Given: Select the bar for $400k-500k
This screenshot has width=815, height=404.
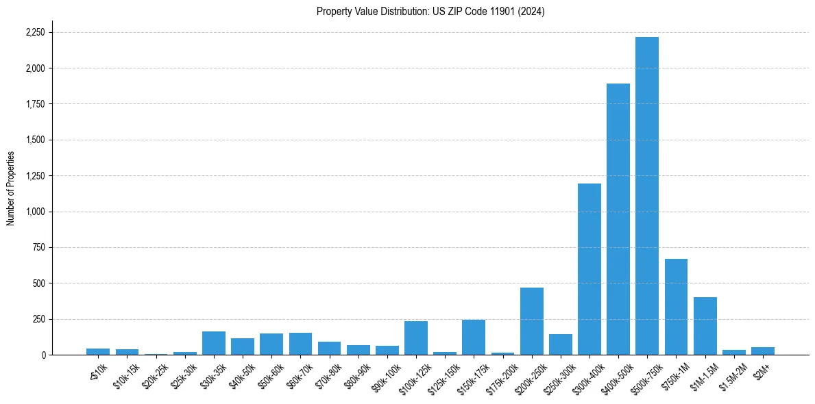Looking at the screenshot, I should click(618, 219).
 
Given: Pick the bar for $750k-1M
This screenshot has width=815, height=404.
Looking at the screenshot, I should click(676, 307).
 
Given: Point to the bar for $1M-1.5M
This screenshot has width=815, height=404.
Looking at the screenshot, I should click(705, 326).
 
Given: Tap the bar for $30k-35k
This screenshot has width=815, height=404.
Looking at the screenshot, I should click(213, 343).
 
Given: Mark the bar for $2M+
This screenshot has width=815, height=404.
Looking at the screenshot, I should click(762, 351).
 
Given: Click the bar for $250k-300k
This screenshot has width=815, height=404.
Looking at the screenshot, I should click(560, 344).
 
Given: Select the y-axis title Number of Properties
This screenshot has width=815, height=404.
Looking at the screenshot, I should click(11, 188).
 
